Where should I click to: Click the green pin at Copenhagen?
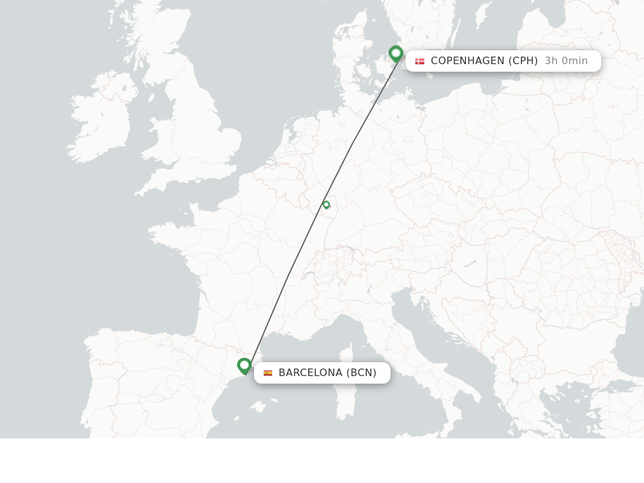click(x=396, y=53)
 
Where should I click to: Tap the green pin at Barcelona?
click(x=244, y=365)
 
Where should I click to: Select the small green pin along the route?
click(x=326, y=204)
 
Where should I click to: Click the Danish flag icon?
click(x=419, y=61)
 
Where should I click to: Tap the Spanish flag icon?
click(x=268, y=373)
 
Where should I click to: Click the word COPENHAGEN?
click(x=467, y=61)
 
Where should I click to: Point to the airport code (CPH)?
click(x=523, y=61)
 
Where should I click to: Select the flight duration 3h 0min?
click(x=566, y=61)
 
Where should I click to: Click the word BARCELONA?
click(x=310, y=373)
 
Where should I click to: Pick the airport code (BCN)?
click(x=361, y=373)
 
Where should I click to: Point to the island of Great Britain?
click(x=195, y=126)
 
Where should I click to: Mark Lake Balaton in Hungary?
click(x=470, y=264)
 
